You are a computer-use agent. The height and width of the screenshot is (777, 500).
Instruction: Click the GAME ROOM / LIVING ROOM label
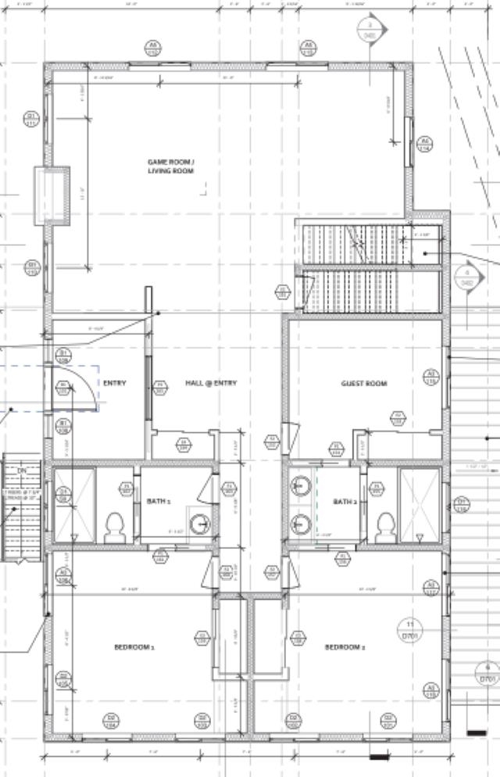coord(170,166)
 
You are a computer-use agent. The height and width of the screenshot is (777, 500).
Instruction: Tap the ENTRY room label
coord(114,383)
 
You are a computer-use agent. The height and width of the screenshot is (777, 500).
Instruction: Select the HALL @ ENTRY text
coord(211,383)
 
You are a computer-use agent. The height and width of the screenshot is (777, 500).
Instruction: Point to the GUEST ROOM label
coord(364,383)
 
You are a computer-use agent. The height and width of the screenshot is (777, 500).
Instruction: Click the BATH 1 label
coord(159,501)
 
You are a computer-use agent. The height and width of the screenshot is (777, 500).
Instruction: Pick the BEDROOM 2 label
coord(345,647)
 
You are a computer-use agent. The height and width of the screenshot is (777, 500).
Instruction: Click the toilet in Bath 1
coord(114,526)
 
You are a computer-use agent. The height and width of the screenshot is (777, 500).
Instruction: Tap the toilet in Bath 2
coord(384,526)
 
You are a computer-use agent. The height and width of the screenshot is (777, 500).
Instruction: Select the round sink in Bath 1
coord(201,521)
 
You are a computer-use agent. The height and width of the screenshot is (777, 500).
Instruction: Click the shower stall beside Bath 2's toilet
coord(420,504)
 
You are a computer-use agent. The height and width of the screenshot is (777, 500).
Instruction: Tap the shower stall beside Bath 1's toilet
coord(76,504)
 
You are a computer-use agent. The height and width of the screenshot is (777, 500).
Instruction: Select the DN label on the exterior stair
coord(22,471)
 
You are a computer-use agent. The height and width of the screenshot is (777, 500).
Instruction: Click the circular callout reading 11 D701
coord(409,628)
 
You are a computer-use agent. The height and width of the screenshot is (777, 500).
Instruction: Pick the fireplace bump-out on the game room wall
coord(52,195)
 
